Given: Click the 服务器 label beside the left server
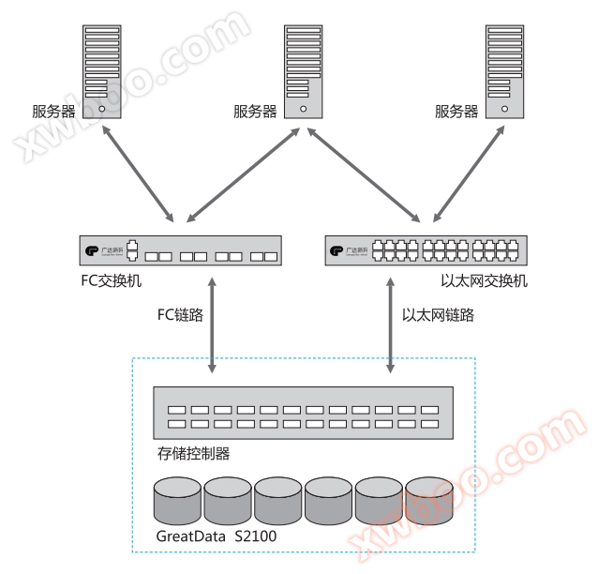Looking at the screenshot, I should [53, 112].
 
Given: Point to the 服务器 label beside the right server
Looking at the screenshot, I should [456, 112].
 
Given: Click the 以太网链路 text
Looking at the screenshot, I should [438, 315].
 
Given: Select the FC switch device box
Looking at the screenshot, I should [181, 251].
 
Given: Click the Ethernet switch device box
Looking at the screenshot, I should [425, 251].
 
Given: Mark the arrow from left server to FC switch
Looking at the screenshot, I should [136, 171].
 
